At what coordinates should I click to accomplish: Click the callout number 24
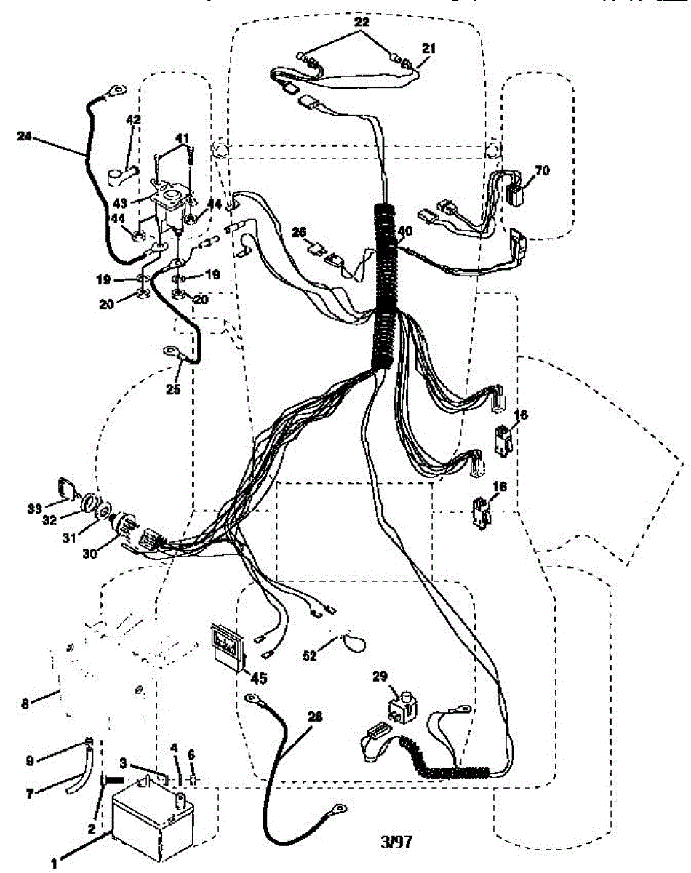coord(25,135)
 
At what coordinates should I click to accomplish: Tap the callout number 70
coord(541,171)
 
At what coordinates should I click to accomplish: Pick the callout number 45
coord(258,678)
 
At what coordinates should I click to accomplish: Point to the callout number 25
coord(172,389)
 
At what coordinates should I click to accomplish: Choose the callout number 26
coord(299,232)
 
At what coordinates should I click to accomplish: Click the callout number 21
coord(429,48)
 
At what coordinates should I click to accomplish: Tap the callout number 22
coord(362,23)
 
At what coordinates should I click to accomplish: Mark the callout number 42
coord(135,119)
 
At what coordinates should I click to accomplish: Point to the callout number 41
coord(182,137)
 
